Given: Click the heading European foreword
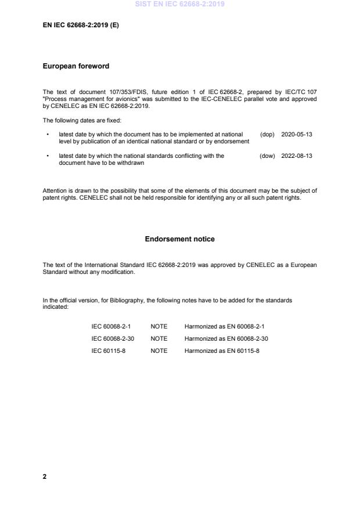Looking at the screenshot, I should click(x=75, y=66).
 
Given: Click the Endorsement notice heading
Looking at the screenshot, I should click(x=179, y=239).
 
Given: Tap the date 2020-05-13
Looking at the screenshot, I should click(x=297, y=134).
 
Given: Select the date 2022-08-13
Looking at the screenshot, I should click(x=297, y=156).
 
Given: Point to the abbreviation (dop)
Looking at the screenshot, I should click(x=267, y=134).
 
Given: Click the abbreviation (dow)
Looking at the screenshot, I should click(x=267, y=156).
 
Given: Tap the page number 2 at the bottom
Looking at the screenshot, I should click(x=45, y=476).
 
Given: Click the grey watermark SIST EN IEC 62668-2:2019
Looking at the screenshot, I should click(x=179, y=4).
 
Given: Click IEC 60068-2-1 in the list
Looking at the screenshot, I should click(x=111, y=326).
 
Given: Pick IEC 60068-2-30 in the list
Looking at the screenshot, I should click(x=113, y=338).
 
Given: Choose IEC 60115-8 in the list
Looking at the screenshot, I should click(x=109, y=351).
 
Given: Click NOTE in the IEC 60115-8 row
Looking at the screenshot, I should click(x=159, y=351).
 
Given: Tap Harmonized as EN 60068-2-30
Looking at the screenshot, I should click(x=226, y=338).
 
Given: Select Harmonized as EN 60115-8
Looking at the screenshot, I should click(x=222, y=351).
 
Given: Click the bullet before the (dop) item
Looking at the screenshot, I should click(x=47, y=134).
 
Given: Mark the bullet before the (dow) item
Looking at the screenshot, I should click(x=47, y=156).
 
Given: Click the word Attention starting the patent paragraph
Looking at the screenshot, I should click(x=55, y=190).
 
